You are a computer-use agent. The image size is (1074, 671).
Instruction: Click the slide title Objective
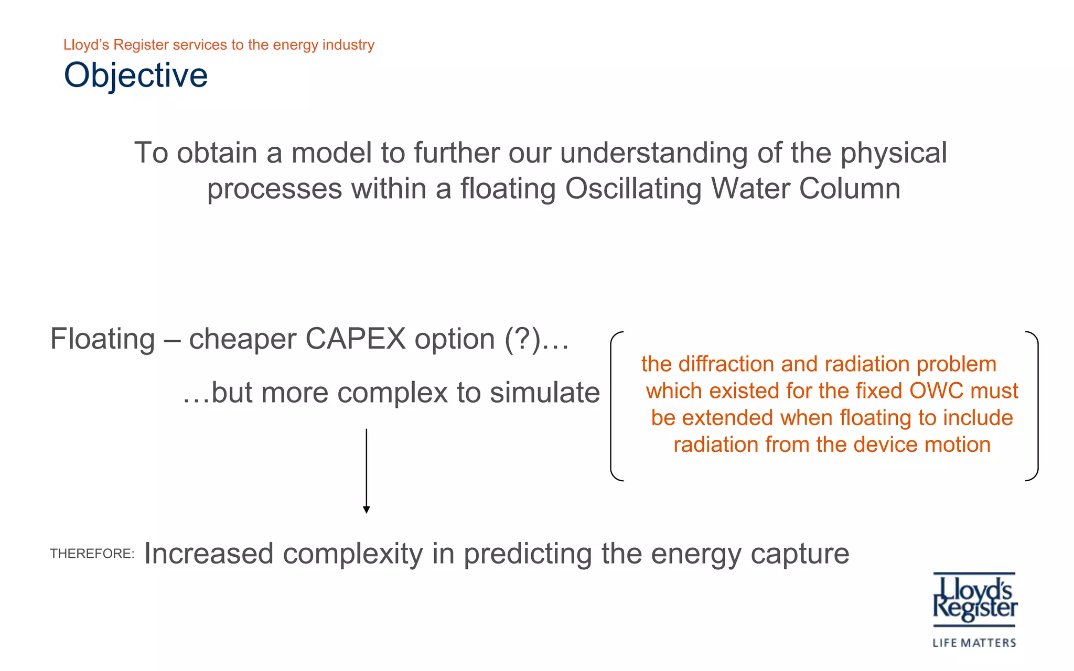(x=136, y=75)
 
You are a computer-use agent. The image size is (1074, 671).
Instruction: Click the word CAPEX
(x=355, y=339)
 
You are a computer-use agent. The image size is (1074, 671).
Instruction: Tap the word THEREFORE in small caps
(x=91, y=554)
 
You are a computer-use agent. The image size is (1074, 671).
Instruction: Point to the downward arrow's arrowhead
(x=367, y=510)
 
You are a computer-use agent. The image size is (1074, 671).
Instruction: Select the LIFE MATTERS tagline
(x=974, y=643)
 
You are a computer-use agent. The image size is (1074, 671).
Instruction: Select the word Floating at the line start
(x=103, y=339)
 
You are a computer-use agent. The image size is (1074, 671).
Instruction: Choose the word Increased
(x=209, y=554)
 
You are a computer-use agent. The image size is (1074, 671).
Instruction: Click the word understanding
(x=653, y=153)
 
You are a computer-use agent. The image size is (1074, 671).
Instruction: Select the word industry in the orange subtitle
(x=348, y=45)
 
